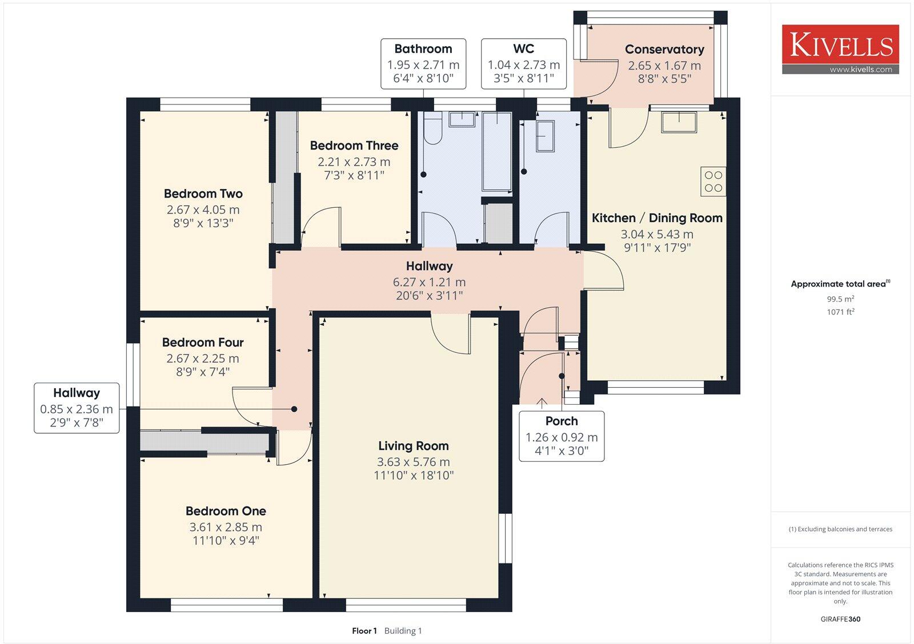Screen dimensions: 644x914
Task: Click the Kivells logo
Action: pyautogui.click(x=840, y=45)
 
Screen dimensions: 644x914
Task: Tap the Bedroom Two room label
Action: pyautogui.click(x=203, y=194)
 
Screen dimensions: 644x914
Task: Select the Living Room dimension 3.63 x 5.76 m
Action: pyautogui.click(x=413, y=462)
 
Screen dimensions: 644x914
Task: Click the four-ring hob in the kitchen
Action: pyautogui.click(x=713, y=181)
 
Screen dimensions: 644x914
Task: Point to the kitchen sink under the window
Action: pyautogui.click(x=679, y=122)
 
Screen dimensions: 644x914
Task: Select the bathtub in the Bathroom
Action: pyautogui.click(x=496, y=151)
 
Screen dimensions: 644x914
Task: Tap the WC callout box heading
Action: pyautogui.click(x=523, y=49)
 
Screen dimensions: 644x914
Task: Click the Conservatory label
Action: pyautogui.click(x=664, y=49)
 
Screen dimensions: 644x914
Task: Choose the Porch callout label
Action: pyautogui.click(x=561, y=421)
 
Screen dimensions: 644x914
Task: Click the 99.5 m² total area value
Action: pyautogui.click(x=840, y=299)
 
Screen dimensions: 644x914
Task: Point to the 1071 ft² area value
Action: pyautogui.click(x=840, y=312)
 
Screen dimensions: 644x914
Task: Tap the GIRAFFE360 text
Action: pyautogui.click(x=840, y=619)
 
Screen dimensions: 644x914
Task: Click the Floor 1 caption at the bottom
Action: pyautogui.click(x=364, y=631)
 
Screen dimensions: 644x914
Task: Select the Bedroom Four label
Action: pyautogui.click(x=203, y=342)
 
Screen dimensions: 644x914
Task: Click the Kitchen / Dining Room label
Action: pyautogui.click(x=657, y=218)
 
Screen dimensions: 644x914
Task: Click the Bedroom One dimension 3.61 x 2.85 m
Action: pyautogui.click(x=226, y=527)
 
